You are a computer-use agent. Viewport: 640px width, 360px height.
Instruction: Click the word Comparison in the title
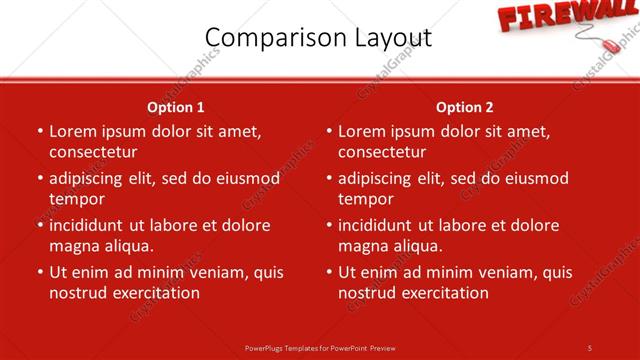[270, 38]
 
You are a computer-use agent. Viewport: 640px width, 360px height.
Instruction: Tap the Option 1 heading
[176, 107]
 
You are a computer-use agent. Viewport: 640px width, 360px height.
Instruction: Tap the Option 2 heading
[465, 107]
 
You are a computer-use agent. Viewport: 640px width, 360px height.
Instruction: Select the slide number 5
[590, 348]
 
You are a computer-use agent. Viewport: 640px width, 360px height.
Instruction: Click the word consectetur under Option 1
[93, 152]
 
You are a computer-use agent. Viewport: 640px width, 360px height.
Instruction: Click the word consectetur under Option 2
[382, 152]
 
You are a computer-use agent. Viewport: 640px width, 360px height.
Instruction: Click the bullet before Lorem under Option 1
[40, 131]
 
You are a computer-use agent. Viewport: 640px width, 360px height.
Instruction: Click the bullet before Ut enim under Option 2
[329, 272]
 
